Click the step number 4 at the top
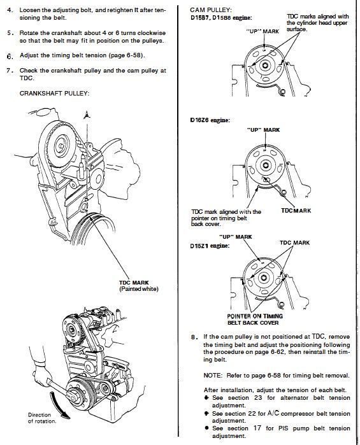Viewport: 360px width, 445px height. (10, 10)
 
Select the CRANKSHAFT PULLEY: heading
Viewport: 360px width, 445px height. (55, 93)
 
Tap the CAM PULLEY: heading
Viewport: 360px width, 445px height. (211, 10)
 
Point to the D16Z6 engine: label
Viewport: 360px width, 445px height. (210, 120)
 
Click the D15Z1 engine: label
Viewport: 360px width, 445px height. (210, 246)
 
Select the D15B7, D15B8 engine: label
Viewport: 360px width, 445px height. (220, 18)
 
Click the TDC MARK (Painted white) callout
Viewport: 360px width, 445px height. (139, 286)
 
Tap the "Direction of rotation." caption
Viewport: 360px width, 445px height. (42, 418)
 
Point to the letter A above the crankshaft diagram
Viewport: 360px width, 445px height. (87, 115)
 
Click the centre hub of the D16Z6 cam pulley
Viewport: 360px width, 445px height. (266, 165)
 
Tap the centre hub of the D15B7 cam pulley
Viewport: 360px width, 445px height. (266, 66)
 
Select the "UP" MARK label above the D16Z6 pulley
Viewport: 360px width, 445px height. (263, 130)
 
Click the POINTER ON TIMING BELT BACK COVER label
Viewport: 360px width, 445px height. (255, 320)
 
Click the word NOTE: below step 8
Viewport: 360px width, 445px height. (213, 376)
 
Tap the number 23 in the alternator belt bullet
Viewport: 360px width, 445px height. (258, 398)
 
